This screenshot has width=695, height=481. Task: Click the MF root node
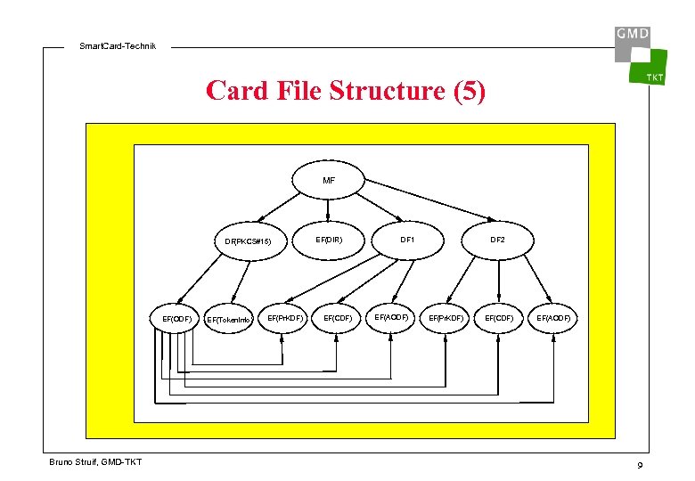click(329, 180)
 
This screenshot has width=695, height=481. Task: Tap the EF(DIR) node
click(329, 240)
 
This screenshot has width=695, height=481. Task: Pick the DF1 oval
click(407, 240)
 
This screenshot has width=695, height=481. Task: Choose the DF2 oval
click(497, 240)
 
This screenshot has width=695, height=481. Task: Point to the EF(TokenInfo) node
click(229, 319)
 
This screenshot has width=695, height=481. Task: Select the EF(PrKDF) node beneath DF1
click(285, 317)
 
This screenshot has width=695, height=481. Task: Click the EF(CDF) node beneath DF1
click(337, 317)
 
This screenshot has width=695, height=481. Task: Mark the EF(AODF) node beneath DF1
click(391, 316)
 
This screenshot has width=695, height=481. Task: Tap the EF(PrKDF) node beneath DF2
click(446, 317)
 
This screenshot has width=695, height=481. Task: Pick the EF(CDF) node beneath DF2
click(498, 317)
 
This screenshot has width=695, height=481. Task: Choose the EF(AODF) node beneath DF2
click(553, 317)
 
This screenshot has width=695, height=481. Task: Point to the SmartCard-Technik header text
click(117, 46)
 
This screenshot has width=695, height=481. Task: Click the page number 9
click(640, 467)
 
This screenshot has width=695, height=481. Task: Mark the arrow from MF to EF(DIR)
click(329, 208)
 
